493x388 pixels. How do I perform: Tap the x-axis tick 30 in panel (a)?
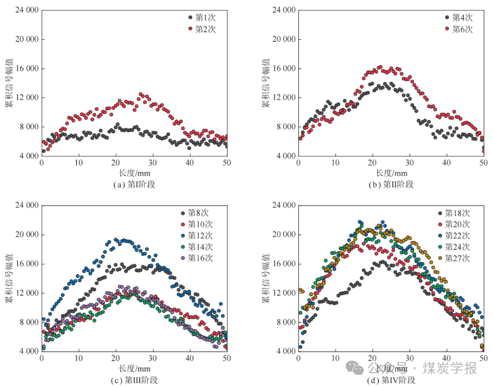(x=153, y=163)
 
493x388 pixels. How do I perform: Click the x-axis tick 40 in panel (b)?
(x=446, y=163)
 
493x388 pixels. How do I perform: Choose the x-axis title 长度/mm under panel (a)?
(x=134, y=173)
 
